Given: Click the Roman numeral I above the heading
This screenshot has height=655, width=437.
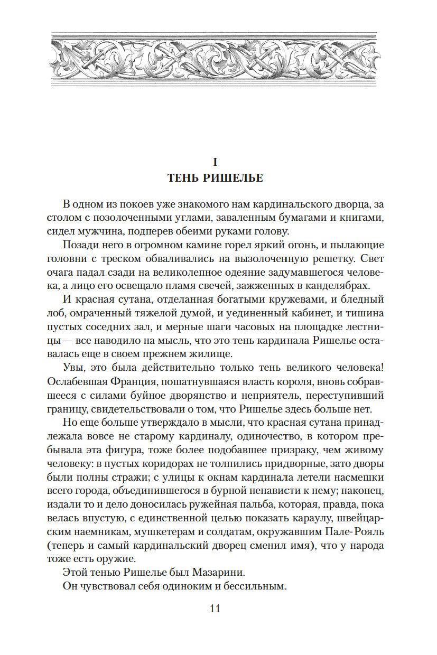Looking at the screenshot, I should coord(215,161).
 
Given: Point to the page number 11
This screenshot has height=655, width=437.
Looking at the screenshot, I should coord(215,608).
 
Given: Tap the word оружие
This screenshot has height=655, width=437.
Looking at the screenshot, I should coord(121,558).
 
